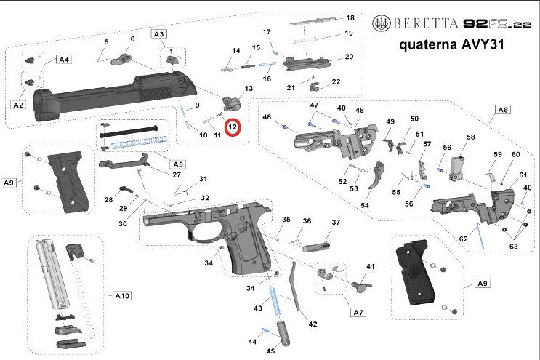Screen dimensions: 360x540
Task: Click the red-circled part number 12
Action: click(233, 127)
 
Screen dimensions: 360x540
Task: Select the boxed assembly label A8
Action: click(503, 109)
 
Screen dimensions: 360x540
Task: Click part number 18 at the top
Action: click(350, 17)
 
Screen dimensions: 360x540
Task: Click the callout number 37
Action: click(336, 222)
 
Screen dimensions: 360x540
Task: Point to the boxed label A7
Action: click(358, 312)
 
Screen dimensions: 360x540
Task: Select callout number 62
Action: click(463, 239)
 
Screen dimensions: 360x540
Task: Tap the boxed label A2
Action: click(18, 105)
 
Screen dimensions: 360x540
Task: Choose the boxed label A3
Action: click(158, 34)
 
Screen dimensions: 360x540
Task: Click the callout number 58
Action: click(470, 137)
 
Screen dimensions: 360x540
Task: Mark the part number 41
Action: click(370, 268)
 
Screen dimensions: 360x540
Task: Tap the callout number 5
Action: click(106, 41)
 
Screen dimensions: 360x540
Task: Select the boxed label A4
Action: click(63, 60)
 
